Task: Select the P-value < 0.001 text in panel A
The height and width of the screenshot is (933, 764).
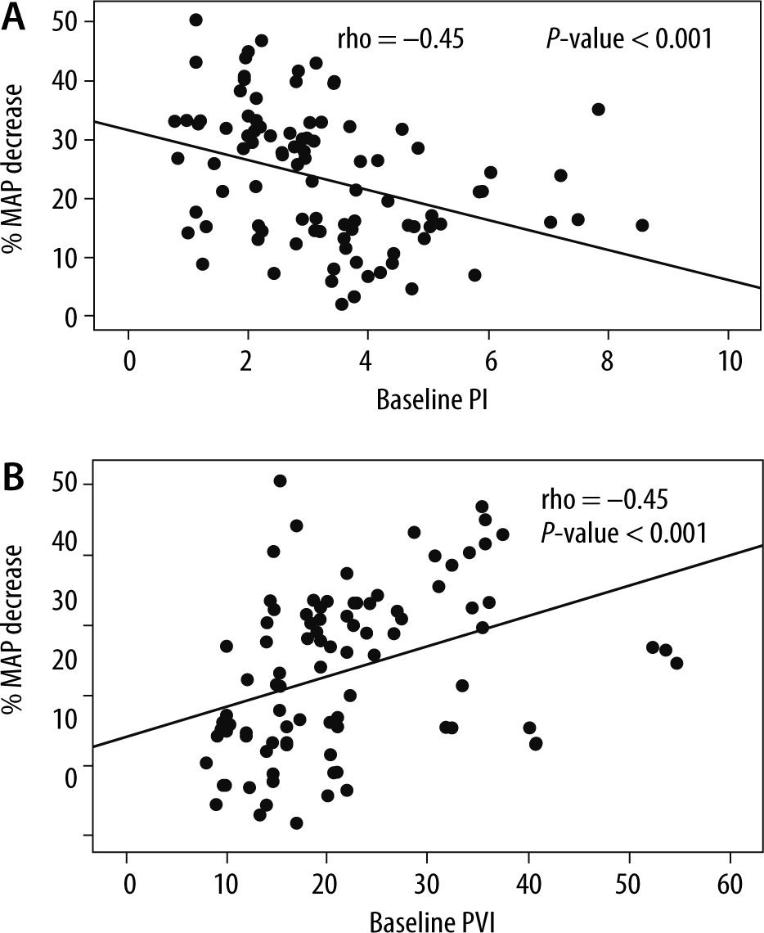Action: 628,38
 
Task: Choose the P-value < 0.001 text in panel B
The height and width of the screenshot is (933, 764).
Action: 622,534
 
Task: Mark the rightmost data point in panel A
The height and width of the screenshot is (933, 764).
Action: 642,225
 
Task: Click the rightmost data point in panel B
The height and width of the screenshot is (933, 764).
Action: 676,663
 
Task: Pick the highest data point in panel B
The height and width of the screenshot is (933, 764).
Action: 280,480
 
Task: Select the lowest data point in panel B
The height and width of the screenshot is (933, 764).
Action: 296,823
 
